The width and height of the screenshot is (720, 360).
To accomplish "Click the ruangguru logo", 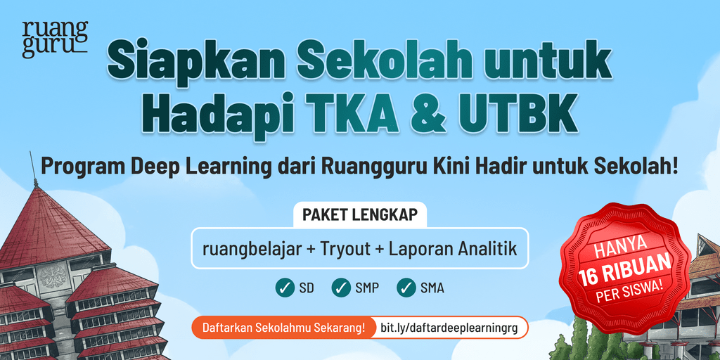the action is coord(55,40).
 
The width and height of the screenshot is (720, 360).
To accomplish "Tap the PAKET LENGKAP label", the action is coord(360,215).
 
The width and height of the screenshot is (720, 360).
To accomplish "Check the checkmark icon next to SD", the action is coord(285,288).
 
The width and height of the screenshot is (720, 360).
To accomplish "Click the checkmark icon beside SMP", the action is coord(341,288).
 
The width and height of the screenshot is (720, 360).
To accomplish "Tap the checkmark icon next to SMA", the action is coord(406,288).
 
